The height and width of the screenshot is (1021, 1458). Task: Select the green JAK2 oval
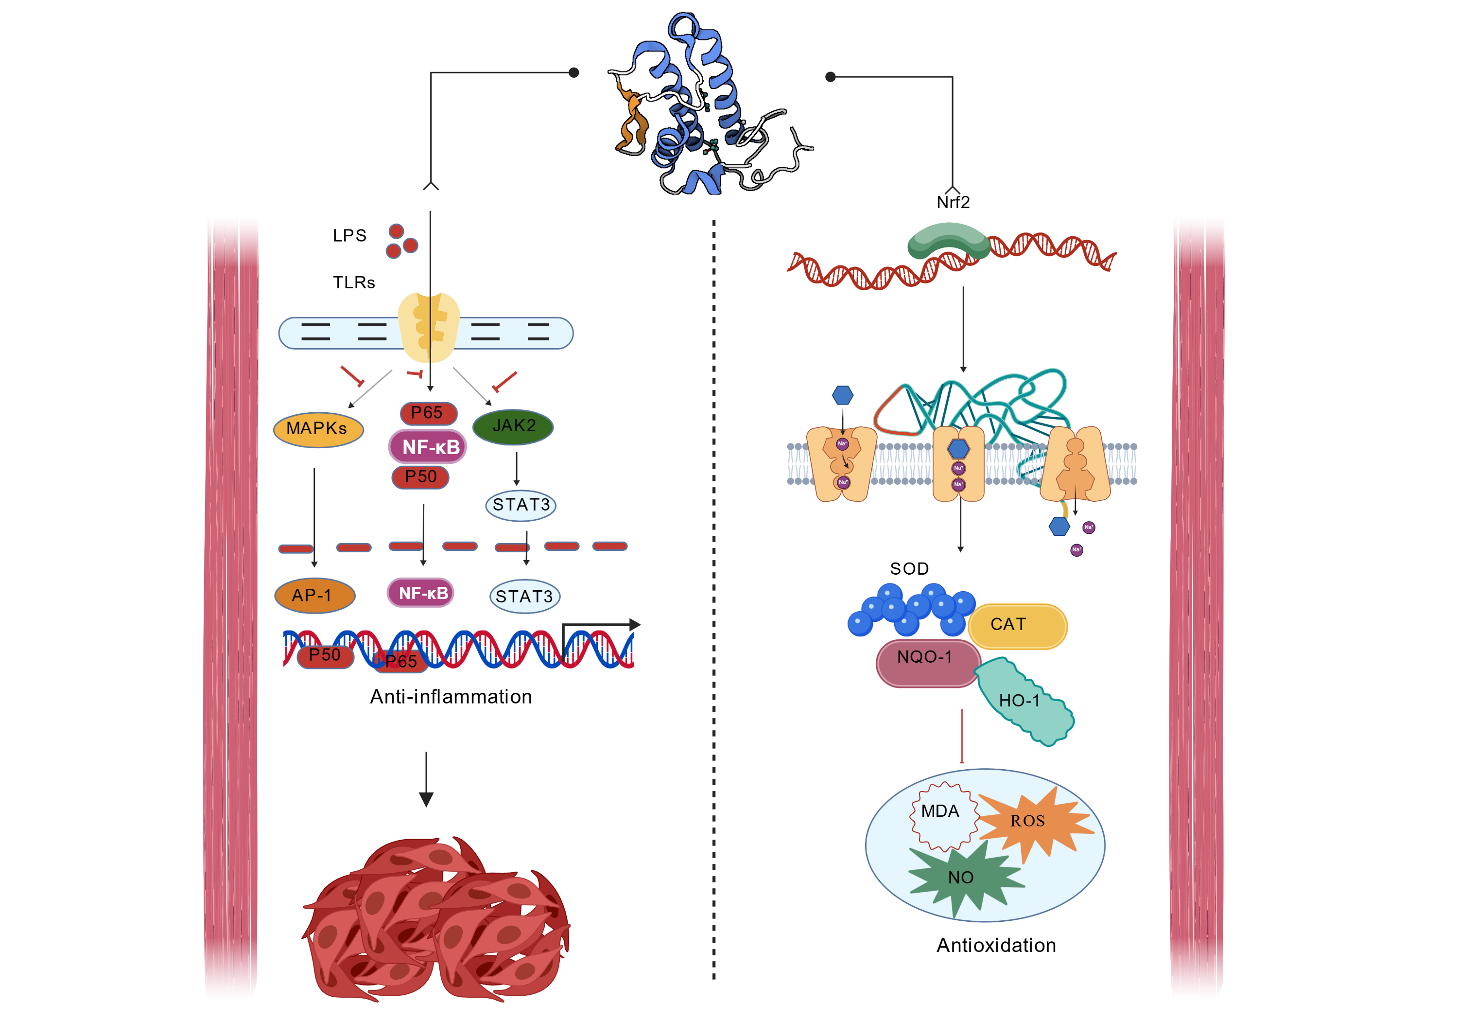coord(513,426)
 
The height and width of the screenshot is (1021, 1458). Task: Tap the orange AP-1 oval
coord(313,595)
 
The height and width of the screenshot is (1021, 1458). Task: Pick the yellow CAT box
coord(1016,625)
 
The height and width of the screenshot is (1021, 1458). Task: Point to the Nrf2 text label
coord(953,203)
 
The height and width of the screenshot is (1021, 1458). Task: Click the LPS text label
coord(350,236)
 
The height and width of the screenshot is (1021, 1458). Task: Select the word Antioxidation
coord(996,945)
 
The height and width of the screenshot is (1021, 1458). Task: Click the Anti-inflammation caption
coord(451,697)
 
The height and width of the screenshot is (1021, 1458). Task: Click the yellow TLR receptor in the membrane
coord(429,327)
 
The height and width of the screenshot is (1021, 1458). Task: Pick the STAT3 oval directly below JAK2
coord(521,505)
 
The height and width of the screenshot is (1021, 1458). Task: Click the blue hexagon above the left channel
coord(842,395)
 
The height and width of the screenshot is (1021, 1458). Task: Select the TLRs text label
coord(354,283)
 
